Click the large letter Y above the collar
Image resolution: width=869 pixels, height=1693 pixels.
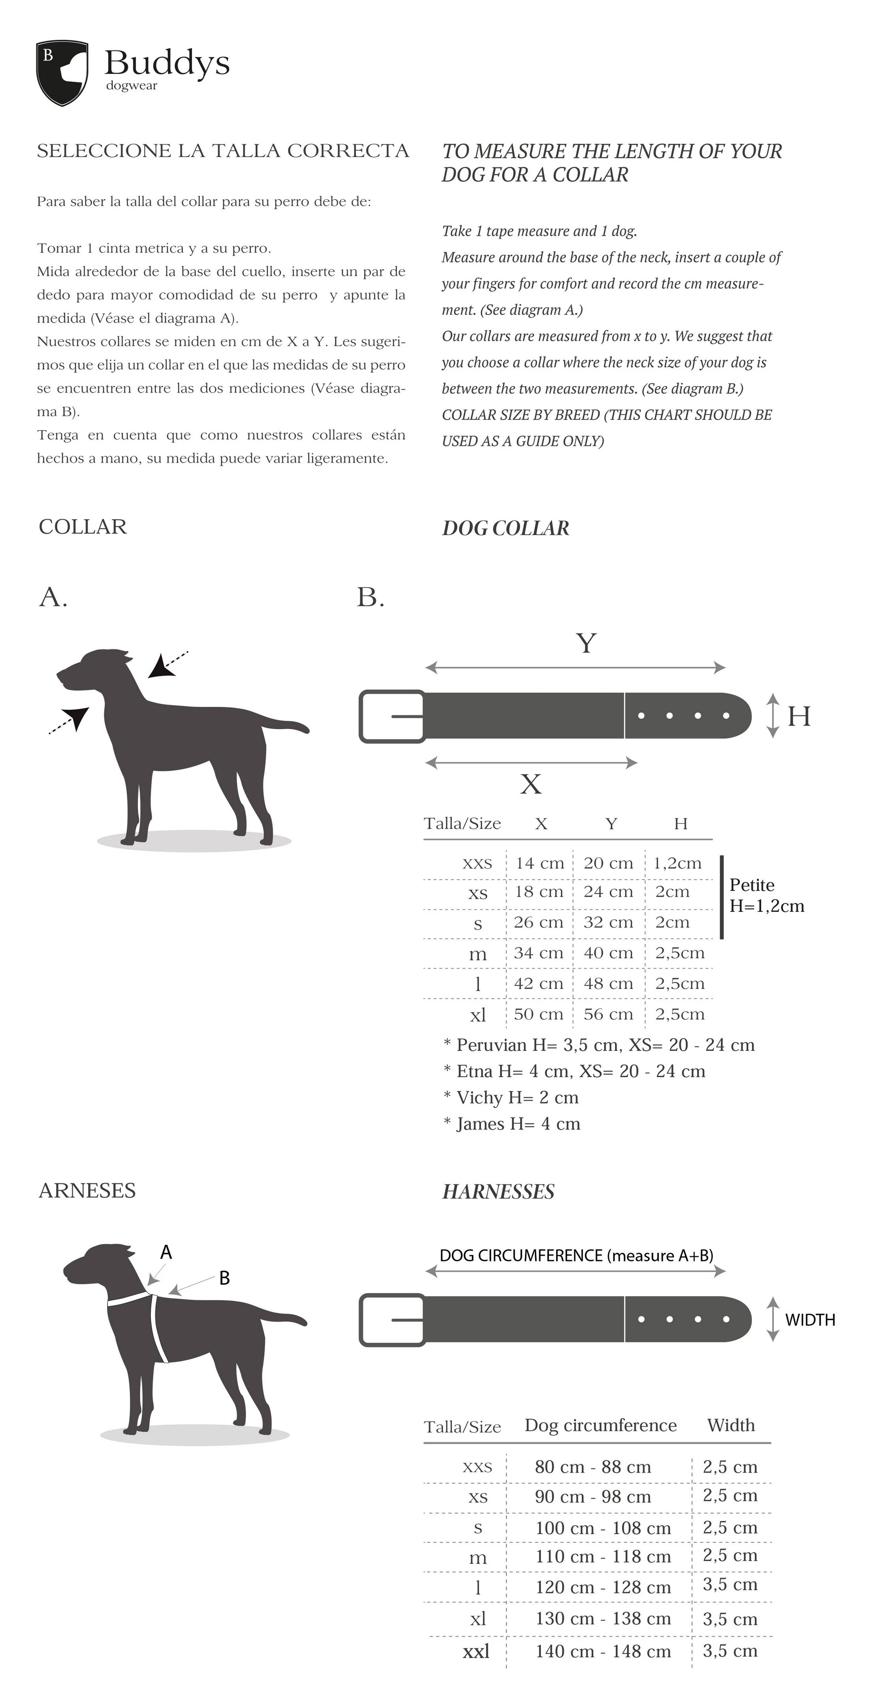pyautogui.click(x=586, y=643)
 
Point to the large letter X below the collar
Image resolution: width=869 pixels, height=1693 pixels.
pyautogui.click(x=530, y=784)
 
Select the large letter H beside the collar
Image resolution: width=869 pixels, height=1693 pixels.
pyautogui.click(x=799, y=716)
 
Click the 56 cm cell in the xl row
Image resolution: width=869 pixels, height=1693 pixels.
pyautogui.click(x=608, y=1014)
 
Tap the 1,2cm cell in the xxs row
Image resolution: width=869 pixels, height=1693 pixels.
pyautogui.click(x=677, y=863)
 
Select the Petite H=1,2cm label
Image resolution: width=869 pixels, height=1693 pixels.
pyautogui.click(x=766, y=895)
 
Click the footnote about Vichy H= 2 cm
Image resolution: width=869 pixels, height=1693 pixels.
pyautogui.click(x=512, y=1097)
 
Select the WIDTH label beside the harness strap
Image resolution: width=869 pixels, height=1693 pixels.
pyautogui.click(x=810, y=1320)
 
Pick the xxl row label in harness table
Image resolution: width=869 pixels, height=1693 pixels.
pyautogui.click(x=476, y=1650)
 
